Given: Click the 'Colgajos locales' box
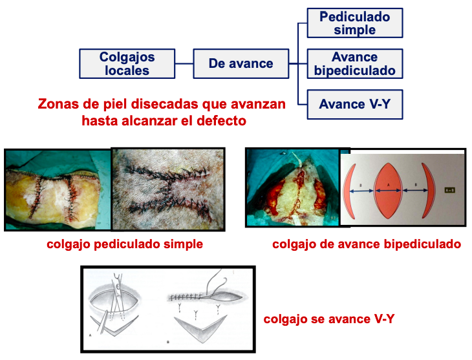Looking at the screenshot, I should (127, 63).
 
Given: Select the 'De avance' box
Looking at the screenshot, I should (241, 63).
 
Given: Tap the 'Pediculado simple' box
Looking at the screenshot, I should (354, 23).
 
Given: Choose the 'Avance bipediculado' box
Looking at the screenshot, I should (354, 63).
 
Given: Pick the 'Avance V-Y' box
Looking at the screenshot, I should (354, 104).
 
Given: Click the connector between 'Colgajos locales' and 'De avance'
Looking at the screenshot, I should (184, 63).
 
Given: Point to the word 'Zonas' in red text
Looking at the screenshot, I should (58, 104).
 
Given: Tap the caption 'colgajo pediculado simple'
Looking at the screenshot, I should (125, 244).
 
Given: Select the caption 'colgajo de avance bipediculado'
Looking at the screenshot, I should (366, 244).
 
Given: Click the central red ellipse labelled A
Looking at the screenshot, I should (388, 190).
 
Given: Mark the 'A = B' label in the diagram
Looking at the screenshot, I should (451, 190).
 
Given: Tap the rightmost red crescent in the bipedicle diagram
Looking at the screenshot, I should (426, 190).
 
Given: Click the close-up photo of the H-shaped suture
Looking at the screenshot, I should (168, 189).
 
